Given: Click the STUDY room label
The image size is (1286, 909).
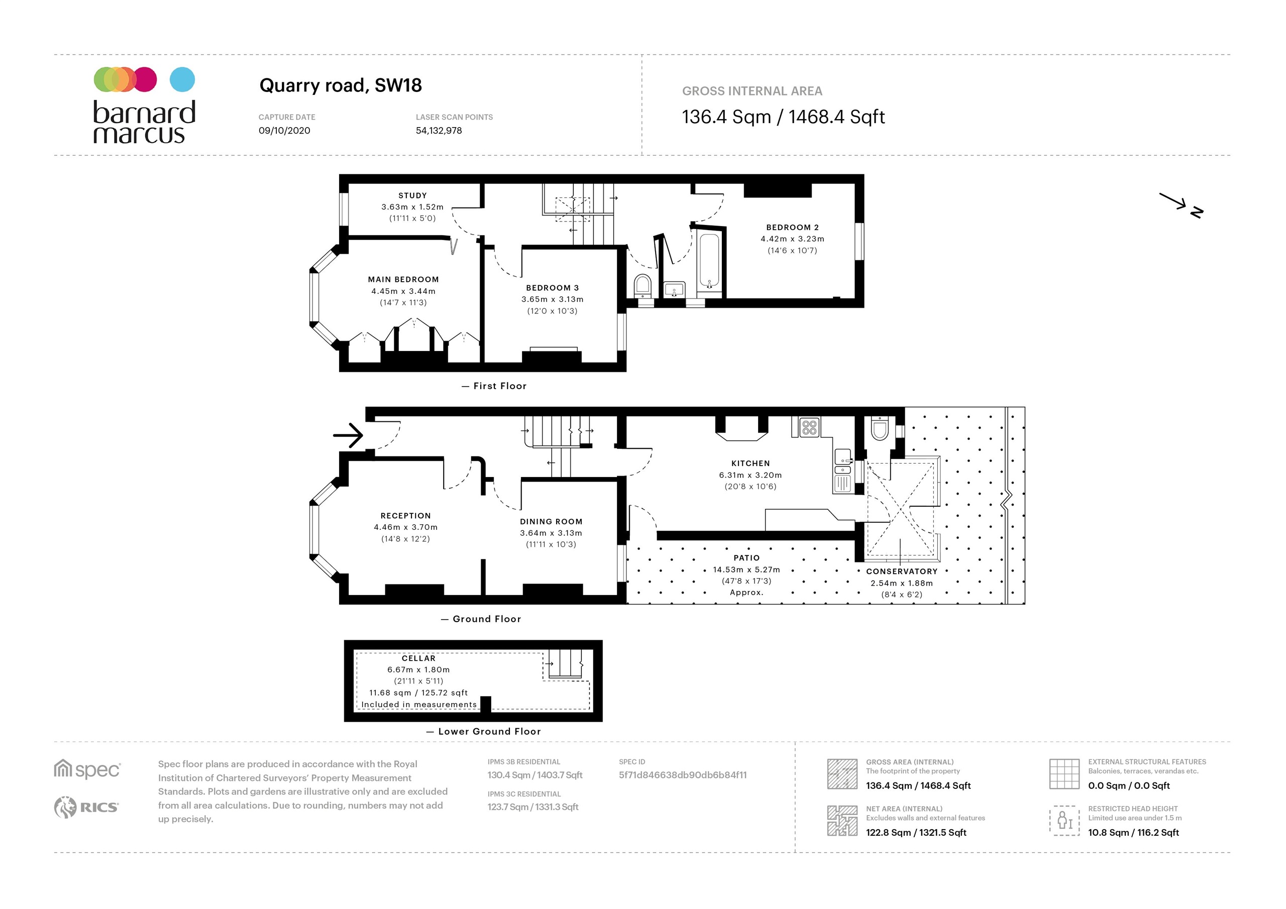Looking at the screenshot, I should pos(412,195).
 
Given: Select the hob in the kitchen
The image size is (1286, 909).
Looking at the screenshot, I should pos(809,427).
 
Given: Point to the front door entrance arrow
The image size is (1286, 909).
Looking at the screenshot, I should pos(348,435).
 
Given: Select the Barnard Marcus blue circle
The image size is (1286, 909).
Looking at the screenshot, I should pos(182,79).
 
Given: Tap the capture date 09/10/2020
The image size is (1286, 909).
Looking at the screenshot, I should pos(284,131).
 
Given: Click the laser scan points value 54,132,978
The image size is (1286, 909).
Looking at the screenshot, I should pos(439,131).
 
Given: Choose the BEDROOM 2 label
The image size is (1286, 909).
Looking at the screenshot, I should pos(792,228).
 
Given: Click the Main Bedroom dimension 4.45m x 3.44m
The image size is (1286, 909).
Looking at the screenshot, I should pos(403,291).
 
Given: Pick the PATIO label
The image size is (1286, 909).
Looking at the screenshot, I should pos(746,558).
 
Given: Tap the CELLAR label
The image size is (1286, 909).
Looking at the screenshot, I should pos(418,658).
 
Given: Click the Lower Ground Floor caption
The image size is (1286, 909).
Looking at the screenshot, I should pos(489,731).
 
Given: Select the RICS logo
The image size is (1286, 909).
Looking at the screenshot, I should pos(86,807).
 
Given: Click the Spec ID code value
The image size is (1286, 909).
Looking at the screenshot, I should pos(682,775).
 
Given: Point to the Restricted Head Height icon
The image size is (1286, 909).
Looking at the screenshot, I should pos(1064,821).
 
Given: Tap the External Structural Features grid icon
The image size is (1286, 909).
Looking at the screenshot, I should pos(1063,773).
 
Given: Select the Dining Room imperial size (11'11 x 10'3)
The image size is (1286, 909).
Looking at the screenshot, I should pos(551,544).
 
